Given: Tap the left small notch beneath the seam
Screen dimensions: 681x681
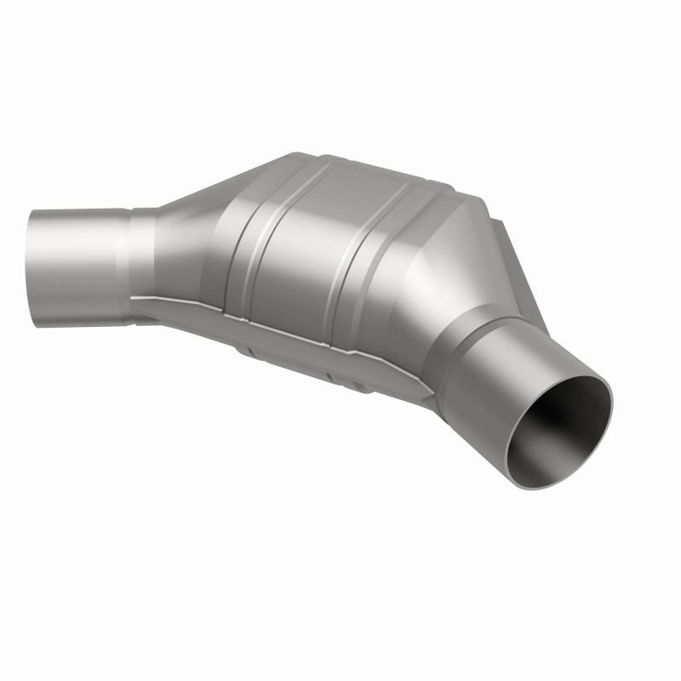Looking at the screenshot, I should [x=246, y=346].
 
